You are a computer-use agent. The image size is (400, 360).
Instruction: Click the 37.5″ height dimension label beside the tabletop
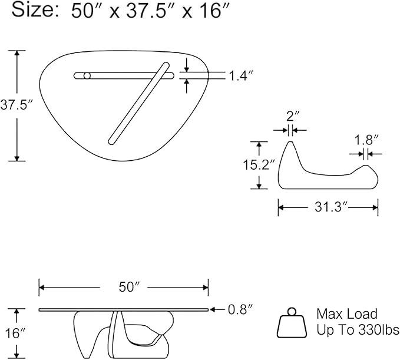(17, 105)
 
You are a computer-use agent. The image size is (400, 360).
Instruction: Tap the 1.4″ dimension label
(241, 76)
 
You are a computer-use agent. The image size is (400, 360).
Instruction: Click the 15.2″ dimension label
(259, 164)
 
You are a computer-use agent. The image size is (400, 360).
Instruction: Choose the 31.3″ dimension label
(331, 207)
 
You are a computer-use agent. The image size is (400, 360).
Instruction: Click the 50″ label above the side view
(130, 287)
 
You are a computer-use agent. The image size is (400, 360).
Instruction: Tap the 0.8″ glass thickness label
(240, 310)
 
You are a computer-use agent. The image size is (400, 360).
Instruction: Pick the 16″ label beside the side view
(15, 333)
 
